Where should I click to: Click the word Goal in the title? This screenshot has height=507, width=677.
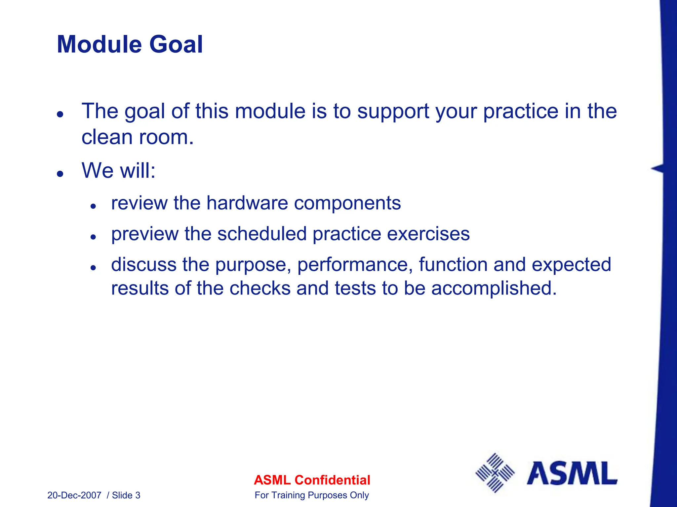tap(176, 45)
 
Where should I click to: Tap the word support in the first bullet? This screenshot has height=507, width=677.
tap(393, 111)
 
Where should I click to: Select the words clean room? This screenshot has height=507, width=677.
tap(137, 137)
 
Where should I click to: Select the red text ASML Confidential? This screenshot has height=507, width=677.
tap(312, 480)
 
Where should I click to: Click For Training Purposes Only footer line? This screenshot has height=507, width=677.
tap(312, 495)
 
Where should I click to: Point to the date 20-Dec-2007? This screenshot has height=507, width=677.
tap(74, 495)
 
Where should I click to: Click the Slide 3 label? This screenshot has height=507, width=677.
tap(126, 495)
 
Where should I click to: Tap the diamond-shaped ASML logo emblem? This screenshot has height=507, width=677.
tap(495, 473)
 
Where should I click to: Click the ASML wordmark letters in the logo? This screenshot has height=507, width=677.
tap(572, 473)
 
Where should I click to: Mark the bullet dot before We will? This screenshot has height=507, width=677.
tap(60, 174)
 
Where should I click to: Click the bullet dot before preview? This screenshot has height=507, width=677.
tap(93, 237)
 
